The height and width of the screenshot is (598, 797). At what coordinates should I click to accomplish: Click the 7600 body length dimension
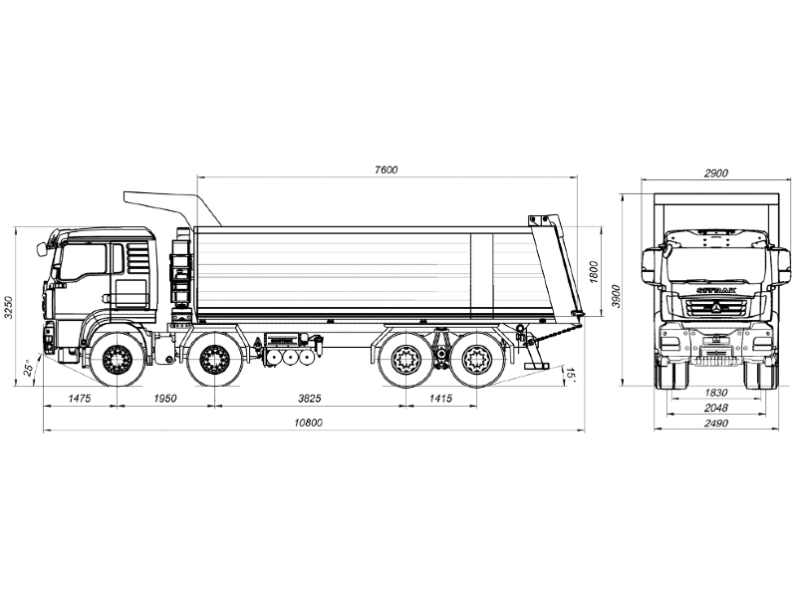[x=387, y=169]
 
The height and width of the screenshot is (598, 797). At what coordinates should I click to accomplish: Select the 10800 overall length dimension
[x=309, y=423]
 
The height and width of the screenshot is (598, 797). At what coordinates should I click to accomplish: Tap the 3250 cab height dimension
[x=8, y=307]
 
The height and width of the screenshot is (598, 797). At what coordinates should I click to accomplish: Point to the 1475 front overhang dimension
[x=80, y=398]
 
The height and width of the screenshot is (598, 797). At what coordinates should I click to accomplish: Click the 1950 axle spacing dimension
[x=164, y=398]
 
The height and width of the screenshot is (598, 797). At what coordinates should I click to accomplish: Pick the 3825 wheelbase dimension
[x=310, y=398]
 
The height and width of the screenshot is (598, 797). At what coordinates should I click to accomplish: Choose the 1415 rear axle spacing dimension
[x=440, y=398]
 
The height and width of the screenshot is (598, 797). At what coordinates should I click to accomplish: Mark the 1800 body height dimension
[x=594, y=271]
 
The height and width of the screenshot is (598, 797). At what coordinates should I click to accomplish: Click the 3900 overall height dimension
[x=616, y=296]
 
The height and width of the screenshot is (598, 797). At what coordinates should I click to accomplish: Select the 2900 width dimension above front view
[x=715, y=172]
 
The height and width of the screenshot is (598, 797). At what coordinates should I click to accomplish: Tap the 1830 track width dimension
[x=715, y=393]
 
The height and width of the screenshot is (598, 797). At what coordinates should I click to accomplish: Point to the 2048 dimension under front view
[x=715, y=408]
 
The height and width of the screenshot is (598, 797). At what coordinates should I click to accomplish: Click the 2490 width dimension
[x=715, y=423]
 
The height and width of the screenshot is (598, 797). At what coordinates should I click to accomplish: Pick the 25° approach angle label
[x=29, y=368]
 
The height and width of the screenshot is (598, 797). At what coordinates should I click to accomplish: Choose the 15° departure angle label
[x=570, y=375]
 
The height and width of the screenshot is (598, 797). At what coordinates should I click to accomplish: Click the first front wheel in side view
[x=118, y=360]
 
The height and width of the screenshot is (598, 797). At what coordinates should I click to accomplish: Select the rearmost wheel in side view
[x=477, y=360]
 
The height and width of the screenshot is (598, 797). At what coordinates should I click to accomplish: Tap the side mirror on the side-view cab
[x=42, y=249]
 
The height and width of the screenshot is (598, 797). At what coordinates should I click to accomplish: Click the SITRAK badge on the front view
[x=715, y=290]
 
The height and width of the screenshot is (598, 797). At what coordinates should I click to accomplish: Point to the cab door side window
[x=83, y=261]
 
